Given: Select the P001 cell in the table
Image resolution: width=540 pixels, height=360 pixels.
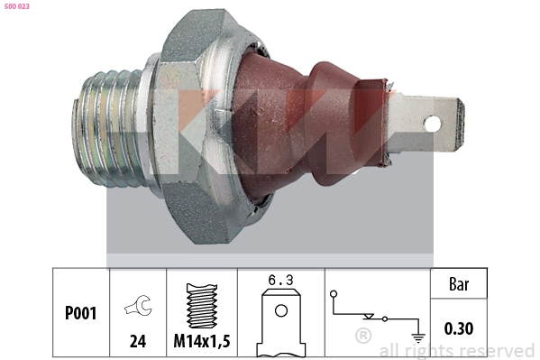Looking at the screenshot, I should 81,314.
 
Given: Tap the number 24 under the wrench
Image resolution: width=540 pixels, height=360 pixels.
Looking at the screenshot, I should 138,341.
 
